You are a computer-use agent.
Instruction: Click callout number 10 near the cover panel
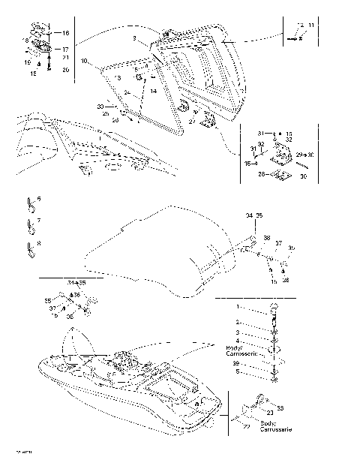(84, 60)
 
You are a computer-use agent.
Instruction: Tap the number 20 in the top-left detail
(65, 70)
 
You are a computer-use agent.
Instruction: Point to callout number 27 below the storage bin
(192, 122)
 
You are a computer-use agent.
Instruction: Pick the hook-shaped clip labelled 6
(30, 203)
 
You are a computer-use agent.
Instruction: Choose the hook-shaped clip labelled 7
(30, 224)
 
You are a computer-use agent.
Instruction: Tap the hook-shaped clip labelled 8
(30, 247)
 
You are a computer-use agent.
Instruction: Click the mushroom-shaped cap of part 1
(274, 307)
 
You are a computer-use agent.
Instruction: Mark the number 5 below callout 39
(259, 371)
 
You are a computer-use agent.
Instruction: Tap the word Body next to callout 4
(233, 347)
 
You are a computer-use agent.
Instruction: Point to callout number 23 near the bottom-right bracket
(269, 412)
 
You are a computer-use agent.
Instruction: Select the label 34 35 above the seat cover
(254, 215)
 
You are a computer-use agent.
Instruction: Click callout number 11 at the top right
(311, 26)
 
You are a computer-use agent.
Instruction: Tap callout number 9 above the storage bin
(133, 38)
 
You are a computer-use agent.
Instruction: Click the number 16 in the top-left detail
(65, 33)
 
